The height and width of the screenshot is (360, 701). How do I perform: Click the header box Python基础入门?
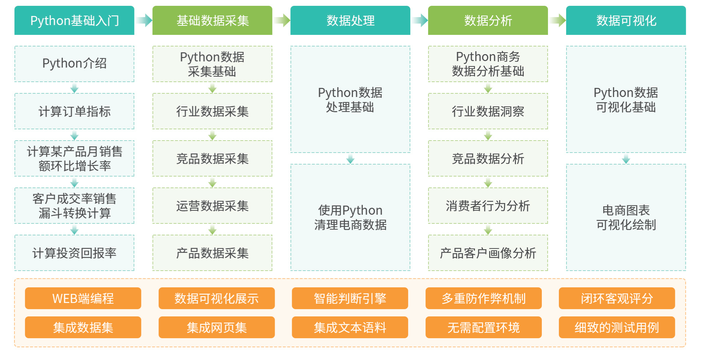pyautogui.click(x=74, y=20)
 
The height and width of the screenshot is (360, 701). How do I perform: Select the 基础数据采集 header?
pyautogui.click(x=212, y=20)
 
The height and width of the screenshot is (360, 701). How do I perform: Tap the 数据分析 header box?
pyautogui.click(x=488, y=20)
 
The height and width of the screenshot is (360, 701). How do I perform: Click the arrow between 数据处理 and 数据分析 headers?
pyautogui.click(x=420, y=20)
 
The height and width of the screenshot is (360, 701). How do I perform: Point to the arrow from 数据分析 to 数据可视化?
pyautogui.click(x=557, y=20)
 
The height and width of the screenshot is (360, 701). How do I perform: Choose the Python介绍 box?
pyautogui.click(x=74, y=64)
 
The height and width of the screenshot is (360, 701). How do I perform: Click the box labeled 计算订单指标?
pyautogui.click(x=74, y=111)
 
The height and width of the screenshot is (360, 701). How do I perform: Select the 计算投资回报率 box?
pyautogui.click(x=74, y=253)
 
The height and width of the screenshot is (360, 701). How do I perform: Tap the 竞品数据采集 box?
pyautogui.click(x=212, y=158)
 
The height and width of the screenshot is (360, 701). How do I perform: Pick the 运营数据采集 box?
pyautogui.click(x=212, y=206)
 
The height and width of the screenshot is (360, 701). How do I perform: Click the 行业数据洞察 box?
pyautogui.click(x=488, y=111)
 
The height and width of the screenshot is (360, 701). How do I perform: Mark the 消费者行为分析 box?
pyautogui.click(x=488, y=206)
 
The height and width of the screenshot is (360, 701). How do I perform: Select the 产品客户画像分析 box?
pyautogui.click(x=488, y=253)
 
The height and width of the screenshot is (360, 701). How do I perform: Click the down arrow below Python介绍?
pyautogui.click(x=74, y=88)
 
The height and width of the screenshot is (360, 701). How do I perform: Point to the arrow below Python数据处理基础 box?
pyautogui.click(x=350, y=159)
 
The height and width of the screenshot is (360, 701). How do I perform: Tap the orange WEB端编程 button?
pyautogui.click(x=83, y=298)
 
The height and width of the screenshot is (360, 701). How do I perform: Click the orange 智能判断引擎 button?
pyautogui.click(x=350, y=298)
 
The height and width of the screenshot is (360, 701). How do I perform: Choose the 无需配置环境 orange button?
pyautogui.click(x=483, y=327)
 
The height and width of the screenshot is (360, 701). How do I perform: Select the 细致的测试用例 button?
pyautogui.click(x=617, y=327)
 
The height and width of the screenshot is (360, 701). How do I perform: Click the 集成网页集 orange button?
pyautogui.click(x=217, y=327)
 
